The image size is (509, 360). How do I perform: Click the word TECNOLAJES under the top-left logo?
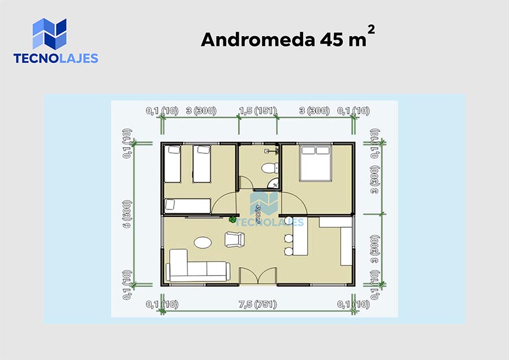pos(55,58)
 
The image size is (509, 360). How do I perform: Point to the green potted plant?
pos(232,220)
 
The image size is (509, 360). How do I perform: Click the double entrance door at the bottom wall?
pos(258,276)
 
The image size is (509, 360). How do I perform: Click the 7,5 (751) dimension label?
pos(258,304)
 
